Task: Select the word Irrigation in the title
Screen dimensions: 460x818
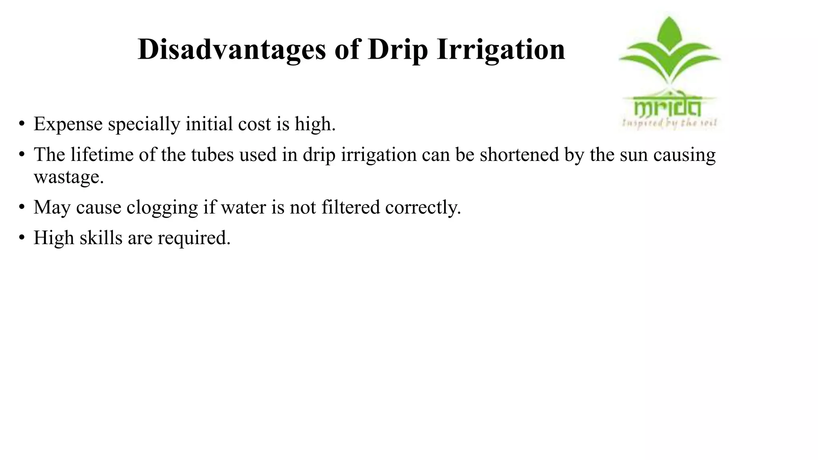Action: point(501,50)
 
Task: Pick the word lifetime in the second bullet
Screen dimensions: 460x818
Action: point(102,155)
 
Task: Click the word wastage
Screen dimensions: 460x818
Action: point(69,177)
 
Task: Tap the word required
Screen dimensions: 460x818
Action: point(194,238)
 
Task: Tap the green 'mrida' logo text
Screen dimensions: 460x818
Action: point(667,107)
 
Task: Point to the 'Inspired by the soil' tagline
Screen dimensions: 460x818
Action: point(669,123)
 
